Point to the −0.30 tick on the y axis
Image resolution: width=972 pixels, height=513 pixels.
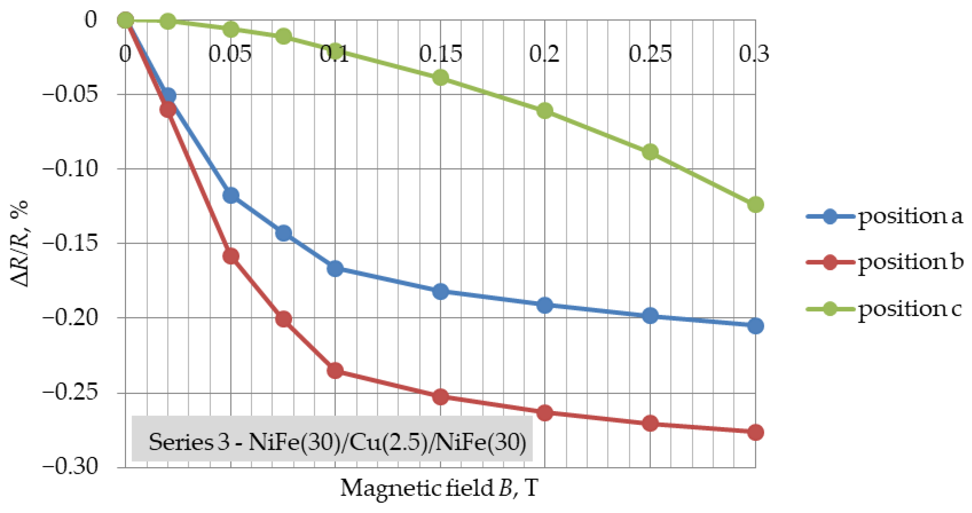tap(70, 467)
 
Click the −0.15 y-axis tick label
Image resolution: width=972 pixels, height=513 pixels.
tap(70, 243)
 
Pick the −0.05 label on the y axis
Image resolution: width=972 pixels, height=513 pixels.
tap(70, 94)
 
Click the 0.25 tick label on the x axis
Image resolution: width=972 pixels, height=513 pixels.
tap(650, 54)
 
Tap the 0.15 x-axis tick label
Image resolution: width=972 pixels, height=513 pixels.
tap(440, 54)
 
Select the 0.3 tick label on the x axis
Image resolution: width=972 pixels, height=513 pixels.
tap(753, 54)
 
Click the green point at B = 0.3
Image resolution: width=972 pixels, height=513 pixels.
tap(755, 205)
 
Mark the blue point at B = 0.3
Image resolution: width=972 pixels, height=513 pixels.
tap(755, 326)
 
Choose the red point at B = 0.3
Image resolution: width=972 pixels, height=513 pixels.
tap(755, 432)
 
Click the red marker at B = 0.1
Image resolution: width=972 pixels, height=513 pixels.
tap(335, 371)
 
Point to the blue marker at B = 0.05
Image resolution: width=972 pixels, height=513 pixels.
tap(231, 195)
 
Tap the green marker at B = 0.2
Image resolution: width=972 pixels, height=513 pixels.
tap(545, 110)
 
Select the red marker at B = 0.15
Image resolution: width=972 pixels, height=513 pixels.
tap(440, 397)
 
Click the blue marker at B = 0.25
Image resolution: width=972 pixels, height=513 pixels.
tap(650, 316)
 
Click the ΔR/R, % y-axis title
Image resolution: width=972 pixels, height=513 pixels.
tap(19, 244)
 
